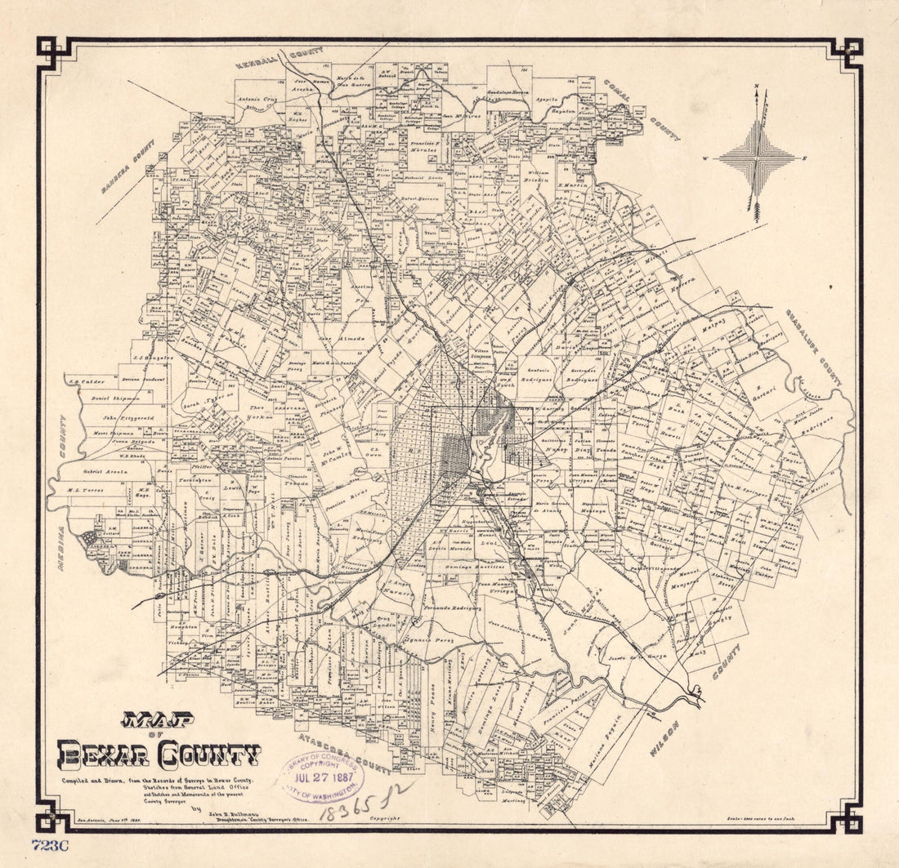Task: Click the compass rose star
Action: point(758,155)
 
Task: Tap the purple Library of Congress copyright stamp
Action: point(321,776)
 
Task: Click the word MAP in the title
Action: point(158,720)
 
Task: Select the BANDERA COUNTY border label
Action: point(128,166)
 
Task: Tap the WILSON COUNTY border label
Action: point(694,702)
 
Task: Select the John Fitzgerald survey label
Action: point(112,417)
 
